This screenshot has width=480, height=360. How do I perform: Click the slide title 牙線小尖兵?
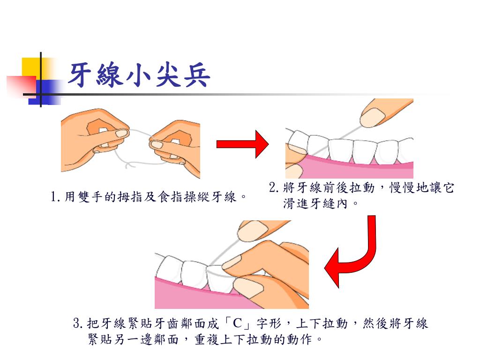[138, 75]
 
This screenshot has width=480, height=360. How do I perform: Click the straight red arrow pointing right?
[241, 144]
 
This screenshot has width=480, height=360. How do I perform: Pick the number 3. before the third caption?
[78, 323]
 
